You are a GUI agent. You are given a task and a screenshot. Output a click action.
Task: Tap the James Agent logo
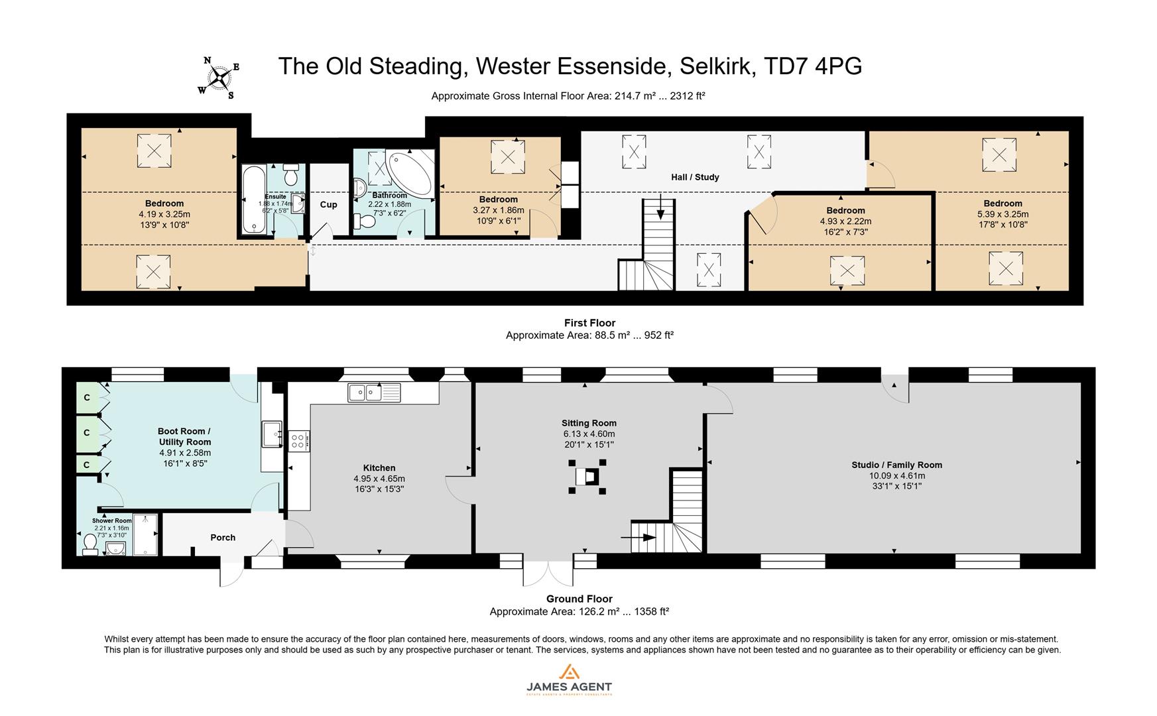point(569,679)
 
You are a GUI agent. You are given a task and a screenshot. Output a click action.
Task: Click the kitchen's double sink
point(374,392)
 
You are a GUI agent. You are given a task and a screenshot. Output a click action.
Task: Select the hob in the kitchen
point(298,441)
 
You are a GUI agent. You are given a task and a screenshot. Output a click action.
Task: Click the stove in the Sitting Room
point(587,476)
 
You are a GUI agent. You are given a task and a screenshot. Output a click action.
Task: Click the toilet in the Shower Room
point(91,544)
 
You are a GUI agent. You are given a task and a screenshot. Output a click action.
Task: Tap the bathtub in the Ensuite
point(253,199)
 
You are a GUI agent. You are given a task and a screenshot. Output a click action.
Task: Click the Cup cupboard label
point(329,204)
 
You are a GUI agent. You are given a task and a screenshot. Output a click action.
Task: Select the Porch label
point(223,537)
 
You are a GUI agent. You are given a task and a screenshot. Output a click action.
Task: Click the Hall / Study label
point(695,177)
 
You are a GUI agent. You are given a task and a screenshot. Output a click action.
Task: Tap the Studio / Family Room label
point(896,465)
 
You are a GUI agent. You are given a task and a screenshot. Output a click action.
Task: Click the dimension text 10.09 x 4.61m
point(896,475)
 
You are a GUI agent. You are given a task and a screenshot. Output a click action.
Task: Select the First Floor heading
point(589,323)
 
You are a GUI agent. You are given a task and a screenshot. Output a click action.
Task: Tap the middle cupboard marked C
point(87,433)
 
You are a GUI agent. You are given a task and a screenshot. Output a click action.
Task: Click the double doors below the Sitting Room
point(548,573)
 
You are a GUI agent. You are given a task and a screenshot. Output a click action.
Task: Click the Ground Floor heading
point(579,599)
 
